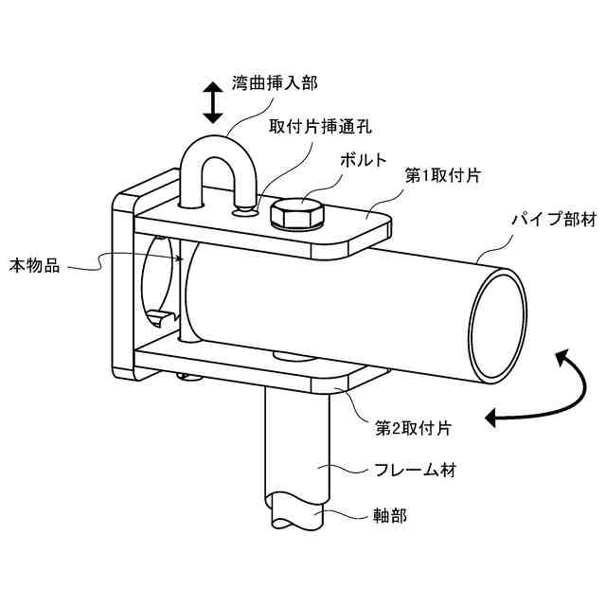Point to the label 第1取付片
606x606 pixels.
point(443,175)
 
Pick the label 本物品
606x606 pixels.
point(35,266)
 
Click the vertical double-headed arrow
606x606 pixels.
point(213,100)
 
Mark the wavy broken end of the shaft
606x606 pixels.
point(294,516)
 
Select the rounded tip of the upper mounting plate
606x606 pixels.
point(379,227)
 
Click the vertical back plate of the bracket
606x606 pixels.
point(123,284)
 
